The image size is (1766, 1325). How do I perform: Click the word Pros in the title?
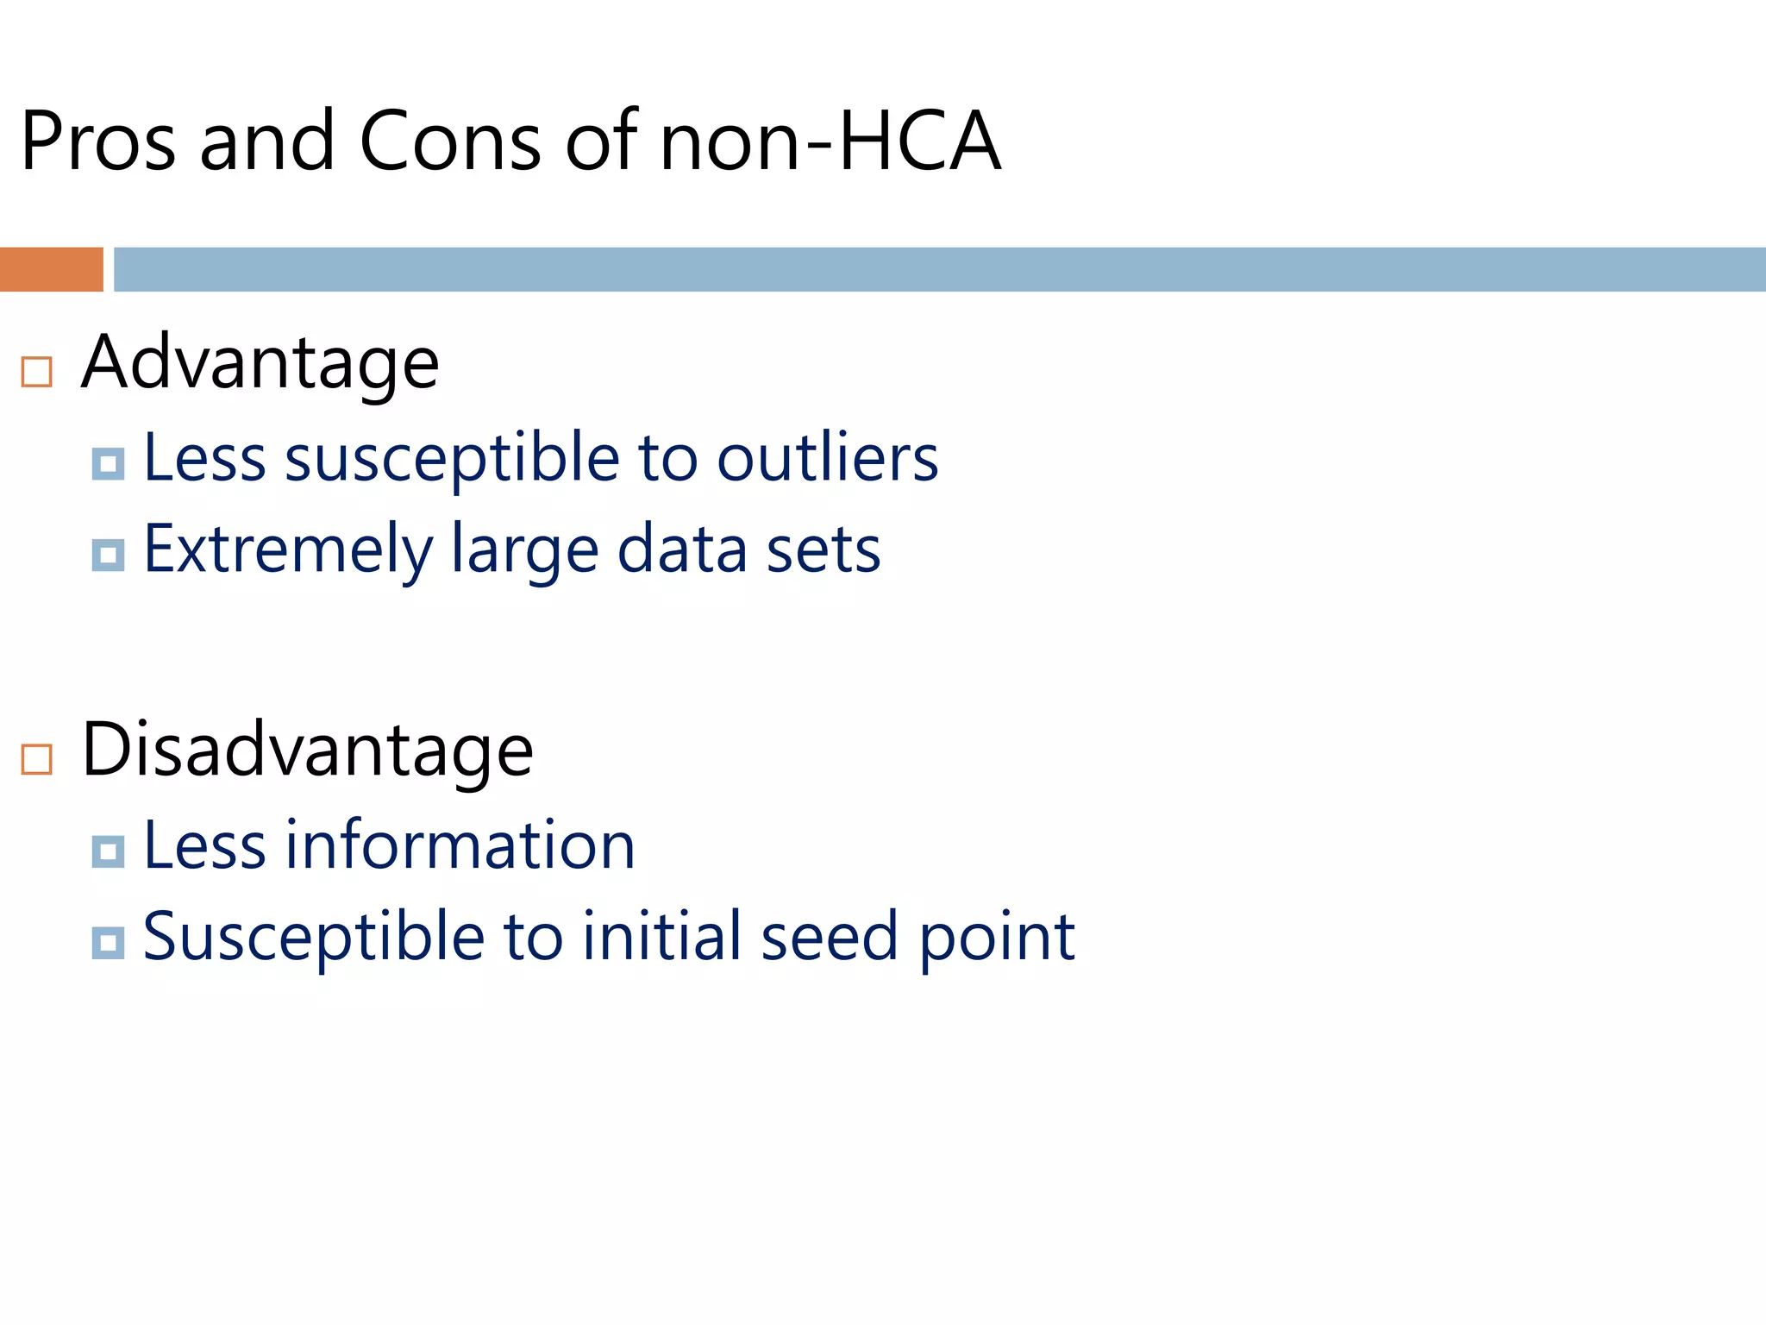pos(98,141)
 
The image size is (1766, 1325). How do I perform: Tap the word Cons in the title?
pos(449,141)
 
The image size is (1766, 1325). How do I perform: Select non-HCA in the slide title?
pos(829,141)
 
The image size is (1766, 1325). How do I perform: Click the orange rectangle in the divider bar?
pos(52,269)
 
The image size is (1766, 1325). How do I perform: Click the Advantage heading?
pos(260,362)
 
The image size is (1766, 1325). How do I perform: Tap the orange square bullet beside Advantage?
pos(37,372)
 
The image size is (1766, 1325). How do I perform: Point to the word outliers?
pos(827,457)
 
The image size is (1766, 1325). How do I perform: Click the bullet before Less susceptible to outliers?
pos(108,464)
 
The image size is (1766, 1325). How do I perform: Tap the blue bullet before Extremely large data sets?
pos(108,555)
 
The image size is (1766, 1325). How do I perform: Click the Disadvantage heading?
pos(307,750)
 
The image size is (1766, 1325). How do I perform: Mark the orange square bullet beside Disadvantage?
pos(37,759)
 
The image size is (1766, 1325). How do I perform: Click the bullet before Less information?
pos(108,851)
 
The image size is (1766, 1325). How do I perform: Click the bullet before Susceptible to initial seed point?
pos(108,943)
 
